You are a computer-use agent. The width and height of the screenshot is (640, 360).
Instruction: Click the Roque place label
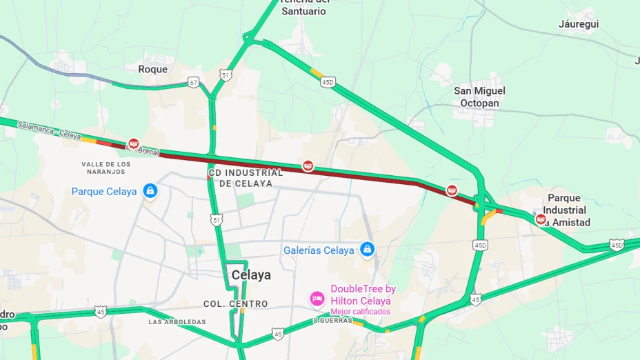152,69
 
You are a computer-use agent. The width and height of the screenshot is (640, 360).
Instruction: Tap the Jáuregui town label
578,24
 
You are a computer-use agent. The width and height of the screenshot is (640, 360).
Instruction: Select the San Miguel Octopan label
479,97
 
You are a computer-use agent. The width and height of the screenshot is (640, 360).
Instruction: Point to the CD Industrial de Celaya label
246,178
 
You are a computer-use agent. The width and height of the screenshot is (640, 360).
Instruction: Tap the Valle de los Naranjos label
106,168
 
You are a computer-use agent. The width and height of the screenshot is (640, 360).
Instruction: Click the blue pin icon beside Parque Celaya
150,191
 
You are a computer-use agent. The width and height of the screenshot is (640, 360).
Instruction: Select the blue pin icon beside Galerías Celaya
368,250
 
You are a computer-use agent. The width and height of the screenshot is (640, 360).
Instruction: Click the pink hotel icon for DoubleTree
317,299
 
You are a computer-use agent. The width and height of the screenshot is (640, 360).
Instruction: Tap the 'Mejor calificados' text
360,312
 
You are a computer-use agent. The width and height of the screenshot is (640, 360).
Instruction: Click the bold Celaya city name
251,275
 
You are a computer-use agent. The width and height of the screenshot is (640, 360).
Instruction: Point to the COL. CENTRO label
235,304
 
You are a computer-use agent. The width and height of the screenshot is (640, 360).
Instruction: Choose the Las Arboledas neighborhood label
177,322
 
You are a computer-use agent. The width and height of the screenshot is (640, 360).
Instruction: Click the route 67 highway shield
193,83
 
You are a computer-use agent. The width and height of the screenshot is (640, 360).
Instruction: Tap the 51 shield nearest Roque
226,74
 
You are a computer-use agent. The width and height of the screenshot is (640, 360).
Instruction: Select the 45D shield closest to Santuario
328,82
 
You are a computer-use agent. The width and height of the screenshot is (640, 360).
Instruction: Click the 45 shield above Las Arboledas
101,312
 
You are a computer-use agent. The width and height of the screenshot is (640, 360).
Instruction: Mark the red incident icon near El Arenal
134,143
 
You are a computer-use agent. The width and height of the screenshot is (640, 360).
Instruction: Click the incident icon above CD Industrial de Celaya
308,166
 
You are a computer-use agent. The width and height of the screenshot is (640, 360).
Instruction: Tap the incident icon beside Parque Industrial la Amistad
541,219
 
